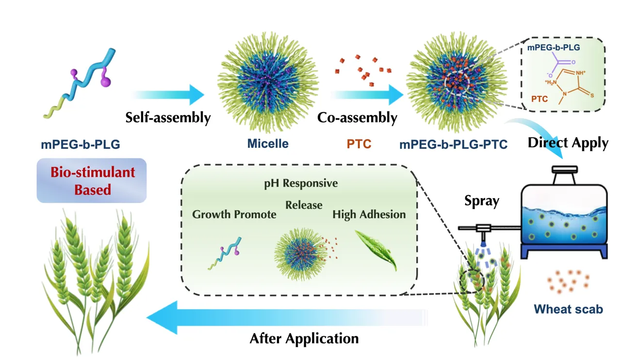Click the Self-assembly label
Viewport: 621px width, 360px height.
(168, 117)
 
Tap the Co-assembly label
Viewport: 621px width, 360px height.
(357, 117)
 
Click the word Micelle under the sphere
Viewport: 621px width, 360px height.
(268, 143)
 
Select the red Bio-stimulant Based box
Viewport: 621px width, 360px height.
(91, 180)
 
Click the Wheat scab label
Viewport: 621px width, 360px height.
(569, 309)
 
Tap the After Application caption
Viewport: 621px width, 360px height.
(304, 338)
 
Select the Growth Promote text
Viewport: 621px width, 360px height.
(234, 214)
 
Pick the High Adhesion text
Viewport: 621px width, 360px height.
(369, 214)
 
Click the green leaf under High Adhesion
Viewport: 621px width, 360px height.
(376, 249)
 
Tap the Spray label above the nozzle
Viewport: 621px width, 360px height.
(481, 201)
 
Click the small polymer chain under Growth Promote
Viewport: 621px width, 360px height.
(225, 254)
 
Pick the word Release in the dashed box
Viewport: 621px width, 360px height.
(304, 205)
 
